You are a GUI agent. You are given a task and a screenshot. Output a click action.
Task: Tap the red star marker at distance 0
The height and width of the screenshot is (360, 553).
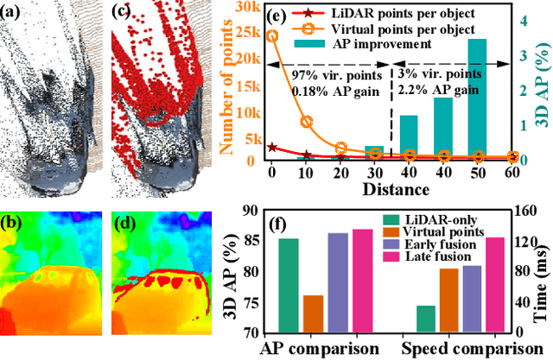click(x=272, y=148)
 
